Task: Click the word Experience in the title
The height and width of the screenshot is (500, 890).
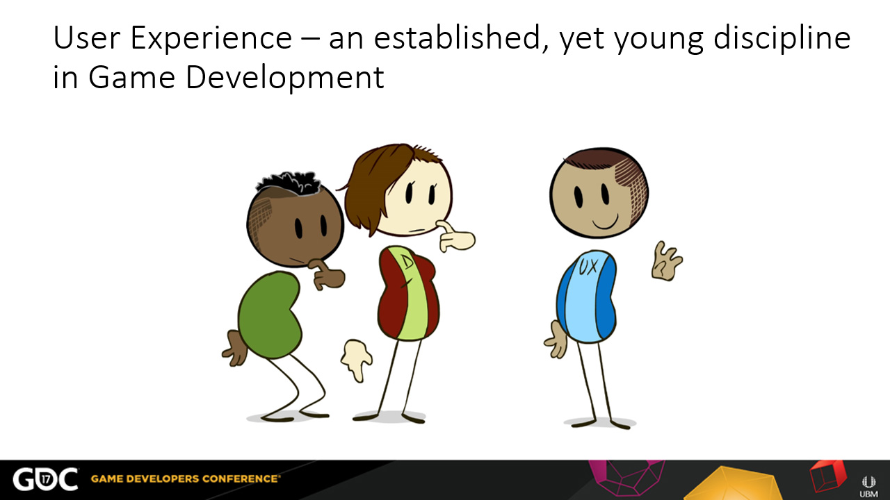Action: (211, 39)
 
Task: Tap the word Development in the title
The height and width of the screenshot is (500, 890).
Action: (284, 77)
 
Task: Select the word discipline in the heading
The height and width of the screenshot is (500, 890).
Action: (782, 38)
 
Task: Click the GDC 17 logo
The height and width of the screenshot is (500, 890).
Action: (45, 479)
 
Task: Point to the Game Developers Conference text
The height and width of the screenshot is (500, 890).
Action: (185, 478)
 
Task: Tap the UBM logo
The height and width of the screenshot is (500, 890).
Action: (868, 487)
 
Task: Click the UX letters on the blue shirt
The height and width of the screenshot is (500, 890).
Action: (588, 267)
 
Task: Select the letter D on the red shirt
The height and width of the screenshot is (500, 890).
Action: (407, 262)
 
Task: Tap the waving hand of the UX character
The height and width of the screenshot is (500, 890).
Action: (666, 262)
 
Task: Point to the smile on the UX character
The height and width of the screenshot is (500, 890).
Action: (606, 222)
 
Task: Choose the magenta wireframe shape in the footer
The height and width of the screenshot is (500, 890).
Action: (626, 477)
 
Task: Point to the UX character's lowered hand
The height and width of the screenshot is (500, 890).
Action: (556, 340)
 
